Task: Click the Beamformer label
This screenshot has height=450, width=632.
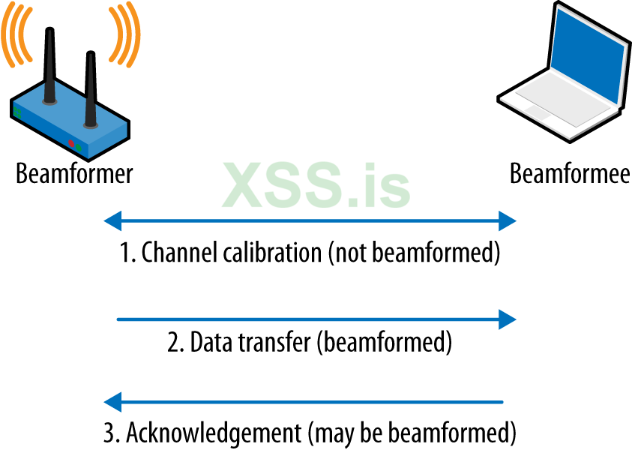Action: click(74, 174)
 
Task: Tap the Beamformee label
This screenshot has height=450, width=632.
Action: click(570, 174)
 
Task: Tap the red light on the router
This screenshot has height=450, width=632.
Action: click(72, 142)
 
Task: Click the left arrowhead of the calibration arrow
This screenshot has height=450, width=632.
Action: click(112, 220)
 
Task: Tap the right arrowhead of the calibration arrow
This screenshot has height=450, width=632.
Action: click(508, 220)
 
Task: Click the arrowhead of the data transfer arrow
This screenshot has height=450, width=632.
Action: click(508, 319)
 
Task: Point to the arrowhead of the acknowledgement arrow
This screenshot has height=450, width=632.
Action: click(112, 402)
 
